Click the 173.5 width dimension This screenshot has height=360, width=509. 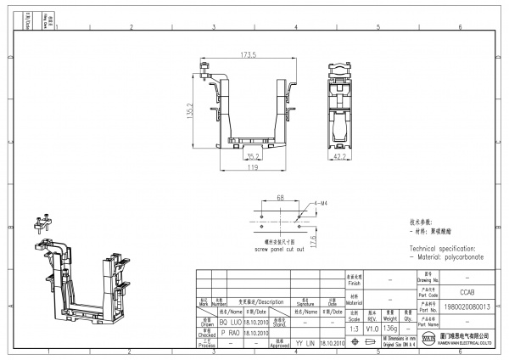248,55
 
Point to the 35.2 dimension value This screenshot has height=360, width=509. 254,156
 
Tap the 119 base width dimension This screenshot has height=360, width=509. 253,168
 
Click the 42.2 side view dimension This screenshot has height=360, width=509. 338,156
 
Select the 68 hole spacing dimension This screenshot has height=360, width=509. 280,199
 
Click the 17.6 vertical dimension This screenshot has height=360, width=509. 313,242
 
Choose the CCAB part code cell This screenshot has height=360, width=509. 461,290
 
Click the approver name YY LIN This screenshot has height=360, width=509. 305,343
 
